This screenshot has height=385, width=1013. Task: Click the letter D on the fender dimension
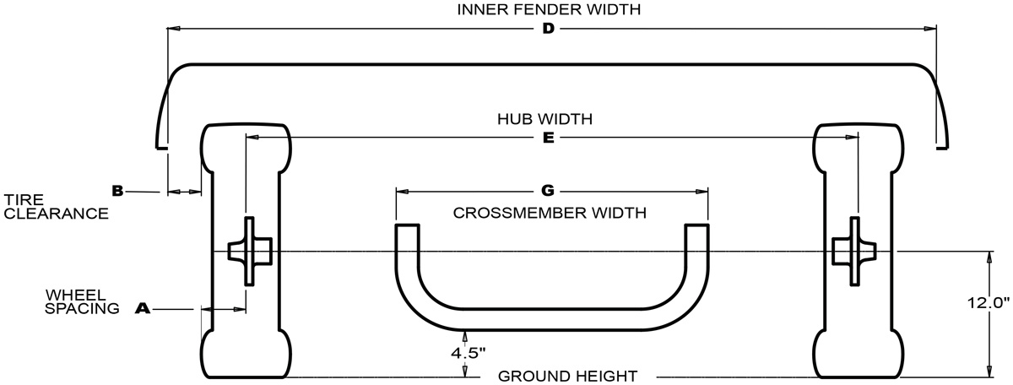click(548, 30)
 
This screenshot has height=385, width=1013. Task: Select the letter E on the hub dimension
click(548, 137)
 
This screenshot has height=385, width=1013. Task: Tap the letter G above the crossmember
click(548, 191)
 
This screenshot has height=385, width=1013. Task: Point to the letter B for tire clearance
click(117, 191)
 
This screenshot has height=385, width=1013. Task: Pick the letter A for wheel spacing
click(142, 310)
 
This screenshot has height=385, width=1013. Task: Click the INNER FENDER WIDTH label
click(548, 10)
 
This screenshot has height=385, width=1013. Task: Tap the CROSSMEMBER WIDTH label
click(550, 213)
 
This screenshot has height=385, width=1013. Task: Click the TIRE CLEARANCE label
click(56, 207)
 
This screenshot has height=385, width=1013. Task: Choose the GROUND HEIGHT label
click(567, 376)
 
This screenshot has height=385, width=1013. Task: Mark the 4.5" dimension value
click(469, 352)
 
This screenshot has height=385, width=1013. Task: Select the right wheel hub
click(852, 251)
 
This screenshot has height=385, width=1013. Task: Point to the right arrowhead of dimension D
click(930, 30)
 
